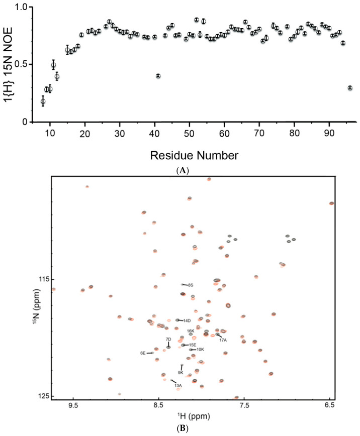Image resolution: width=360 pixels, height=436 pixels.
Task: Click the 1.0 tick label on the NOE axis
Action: click(x=22, y=7)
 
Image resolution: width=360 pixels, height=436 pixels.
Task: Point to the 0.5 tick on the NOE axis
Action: click(x=31, y=64)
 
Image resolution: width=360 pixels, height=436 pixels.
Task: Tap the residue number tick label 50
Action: click(x=189, y=134)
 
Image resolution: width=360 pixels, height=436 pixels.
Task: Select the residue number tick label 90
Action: click(x=329, y=134)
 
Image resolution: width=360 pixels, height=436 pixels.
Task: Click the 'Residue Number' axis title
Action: click(x=194, y=155)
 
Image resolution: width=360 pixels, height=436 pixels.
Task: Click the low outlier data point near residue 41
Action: click(x=158, y=76)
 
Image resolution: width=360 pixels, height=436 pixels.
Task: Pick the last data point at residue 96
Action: click(x=350, y=88)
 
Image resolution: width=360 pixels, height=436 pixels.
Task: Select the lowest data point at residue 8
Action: click(x=43, y=101)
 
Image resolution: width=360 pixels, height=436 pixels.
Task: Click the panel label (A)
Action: click(x=183, y=170)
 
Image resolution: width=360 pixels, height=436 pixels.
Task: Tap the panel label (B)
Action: click(x=183, y=428)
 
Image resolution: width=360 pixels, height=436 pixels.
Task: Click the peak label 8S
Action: click(x=191, y=285)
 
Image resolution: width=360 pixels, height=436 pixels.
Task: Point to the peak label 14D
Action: click(x=187, y=320)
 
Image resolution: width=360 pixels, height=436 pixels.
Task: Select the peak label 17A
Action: click(x=223, y=340)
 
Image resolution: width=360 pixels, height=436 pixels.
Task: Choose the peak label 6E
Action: click(x=143, y=353)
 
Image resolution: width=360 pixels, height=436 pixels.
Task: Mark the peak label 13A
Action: click(x=178, y=385)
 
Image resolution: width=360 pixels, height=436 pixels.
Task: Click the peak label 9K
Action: click(x=181, y=373)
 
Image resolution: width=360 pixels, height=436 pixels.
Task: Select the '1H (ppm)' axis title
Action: click(x=194, y=416)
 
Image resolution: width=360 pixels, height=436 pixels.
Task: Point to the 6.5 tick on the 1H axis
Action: click(x=330, y=401)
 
